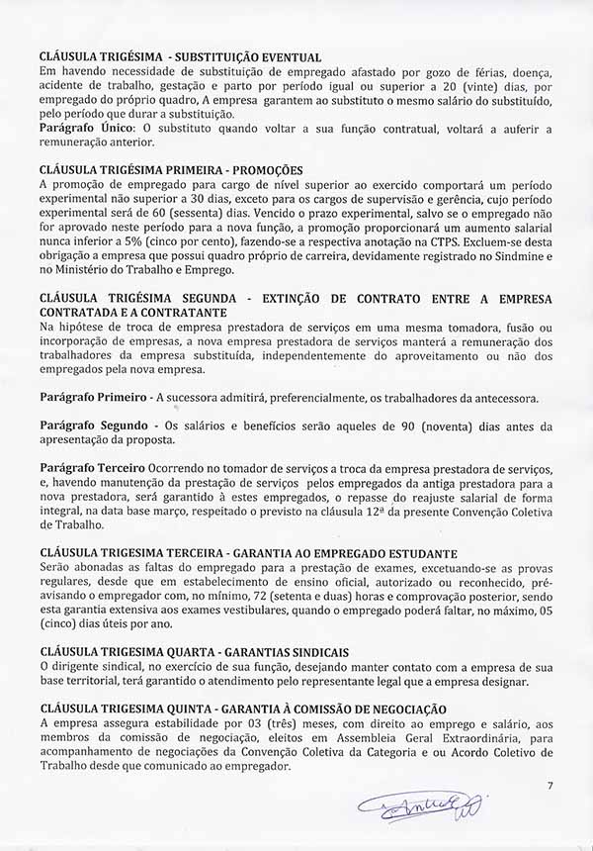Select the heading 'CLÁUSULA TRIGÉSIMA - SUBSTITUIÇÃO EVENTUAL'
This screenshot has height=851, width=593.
(x=180, y=56)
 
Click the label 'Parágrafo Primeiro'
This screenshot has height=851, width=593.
(x=93, y=398)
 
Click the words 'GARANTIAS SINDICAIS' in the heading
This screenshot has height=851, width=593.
(x=284, y=652)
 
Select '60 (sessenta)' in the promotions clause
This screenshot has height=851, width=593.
(x=168, y=211)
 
